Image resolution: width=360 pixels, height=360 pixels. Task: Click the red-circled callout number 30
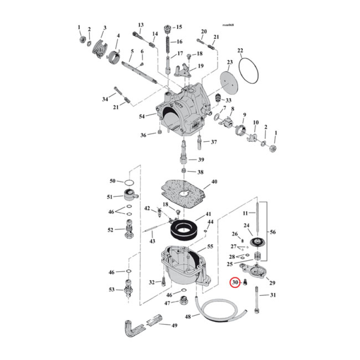(x=235, y=283)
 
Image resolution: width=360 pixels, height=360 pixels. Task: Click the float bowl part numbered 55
(x=182, y=268)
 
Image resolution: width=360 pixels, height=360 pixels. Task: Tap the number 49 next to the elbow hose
(x=174, y=324)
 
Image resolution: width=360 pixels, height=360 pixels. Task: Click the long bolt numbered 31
(x=257, y=299)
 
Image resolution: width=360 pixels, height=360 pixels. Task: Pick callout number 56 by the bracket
(x=273, y=232)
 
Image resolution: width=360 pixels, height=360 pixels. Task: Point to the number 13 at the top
(x=140, y=25)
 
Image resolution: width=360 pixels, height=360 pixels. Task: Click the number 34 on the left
(x=105, y=99)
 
